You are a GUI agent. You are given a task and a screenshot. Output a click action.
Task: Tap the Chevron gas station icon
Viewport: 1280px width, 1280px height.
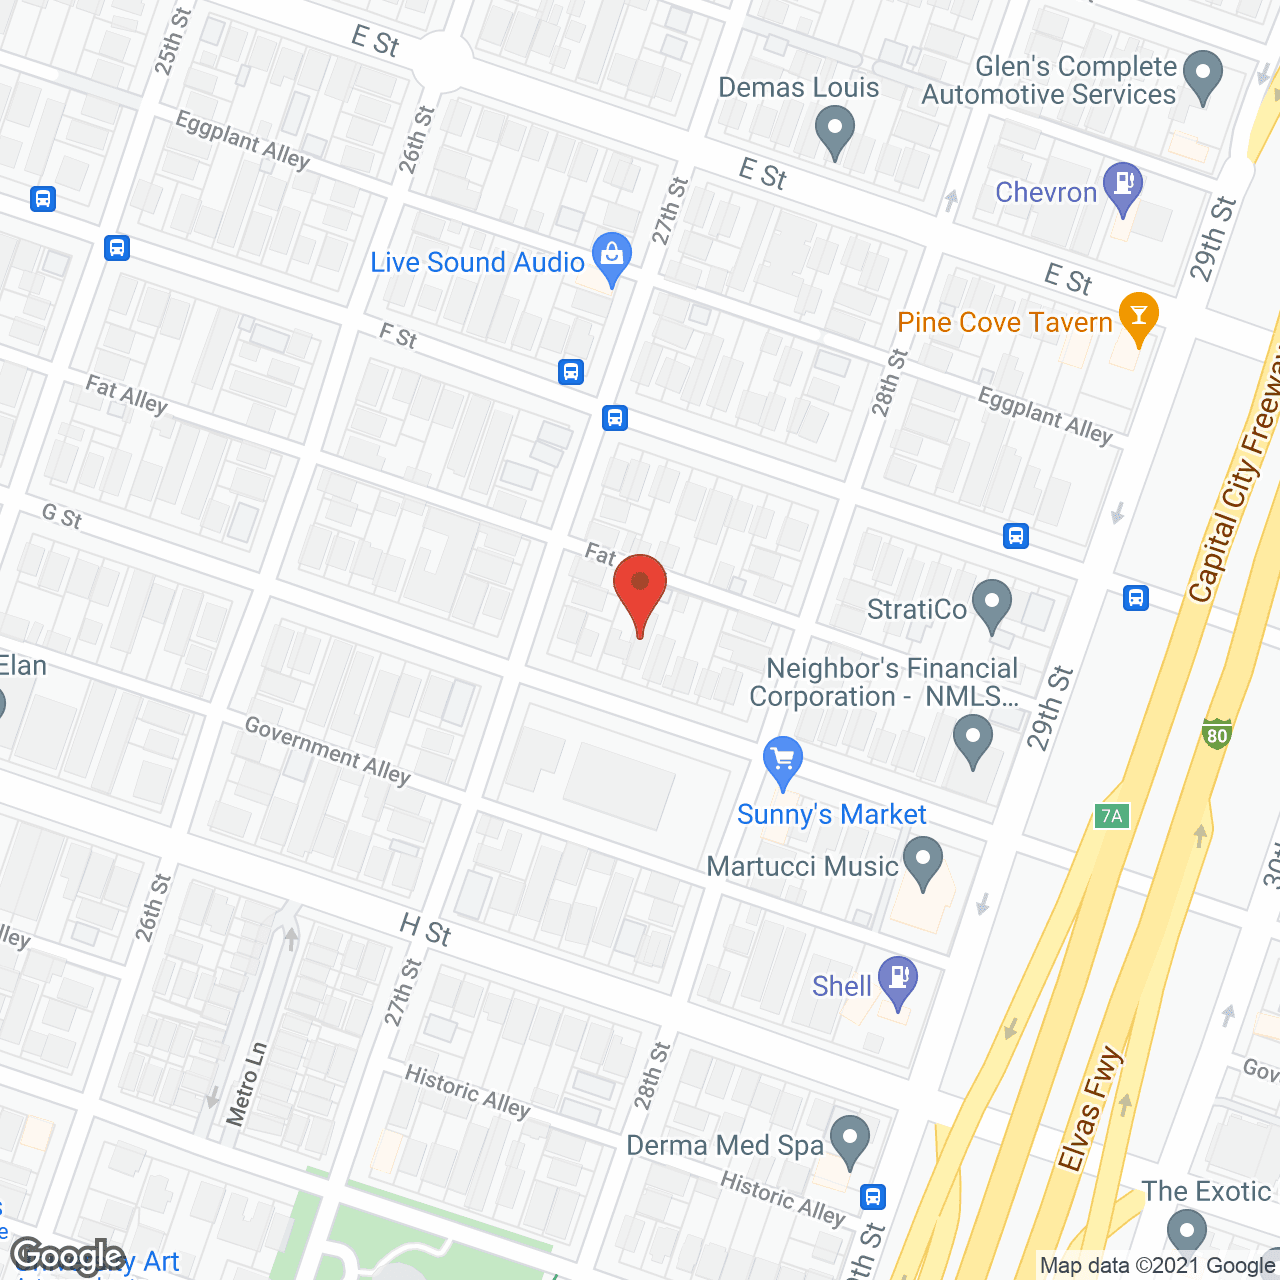click(x=1123, y=186)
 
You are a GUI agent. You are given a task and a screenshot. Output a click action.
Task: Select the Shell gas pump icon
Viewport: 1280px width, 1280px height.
click(x=898, y=979)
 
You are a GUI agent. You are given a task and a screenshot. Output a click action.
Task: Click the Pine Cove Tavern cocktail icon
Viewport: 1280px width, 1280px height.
click(x=1137, y=316)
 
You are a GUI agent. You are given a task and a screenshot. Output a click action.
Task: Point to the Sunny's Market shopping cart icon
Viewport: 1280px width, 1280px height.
click(x=783, y=760)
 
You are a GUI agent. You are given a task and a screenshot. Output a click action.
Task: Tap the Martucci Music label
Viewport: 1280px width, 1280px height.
click(x=802, y=866)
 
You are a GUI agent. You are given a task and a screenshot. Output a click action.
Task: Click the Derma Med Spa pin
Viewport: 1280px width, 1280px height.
click(x=850, y=1140)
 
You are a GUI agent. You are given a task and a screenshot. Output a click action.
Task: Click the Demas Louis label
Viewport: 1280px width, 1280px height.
click(x=798, y=88)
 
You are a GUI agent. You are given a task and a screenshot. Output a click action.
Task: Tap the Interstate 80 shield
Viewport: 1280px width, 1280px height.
click(x=1216, y=734)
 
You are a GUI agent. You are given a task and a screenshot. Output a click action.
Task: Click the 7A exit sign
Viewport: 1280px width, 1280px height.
click(x=1111, y=816)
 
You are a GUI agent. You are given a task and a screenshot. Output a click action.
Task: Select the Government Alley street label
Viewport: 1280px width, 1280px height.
click(x=328, y=751)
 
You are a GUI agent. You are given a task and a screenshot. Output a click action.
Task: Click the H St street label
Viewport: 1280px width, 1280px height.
click(x=426, y=930)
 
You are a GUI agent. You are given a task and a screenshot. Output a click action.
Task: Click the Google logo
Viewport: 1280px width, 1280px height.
click(x=68, y=1256)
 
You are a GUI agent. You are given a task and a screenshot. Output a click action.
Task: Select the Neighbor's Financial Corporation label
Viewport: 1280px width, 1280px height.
click(x=885, y=682)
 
